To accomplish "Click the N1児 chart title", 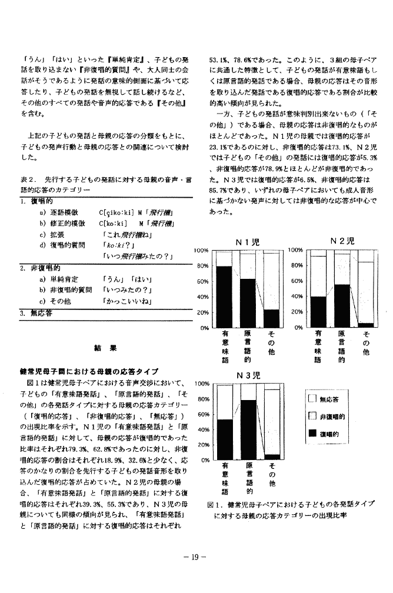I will tap(247, 242).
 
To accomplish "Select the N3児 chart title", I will tap(247, 375).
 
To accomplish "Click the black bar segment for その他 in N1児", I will tap(271, 318).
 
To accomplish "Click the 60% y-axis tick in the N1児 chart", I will tap(201, 281).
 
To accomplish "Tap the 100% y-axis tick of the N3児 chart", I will tap(201, 384).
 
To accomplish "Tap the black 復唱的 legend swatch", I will tap(311, 435).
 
